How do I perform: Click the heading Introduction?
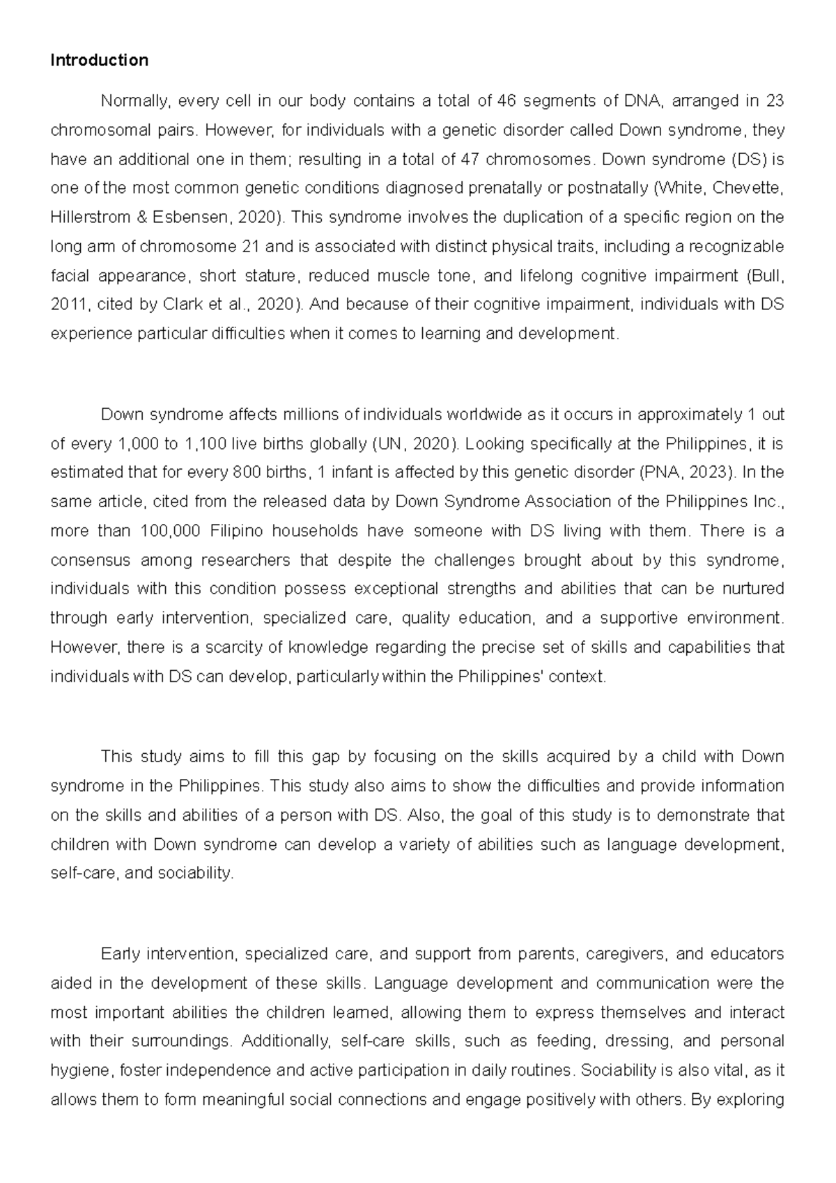pos(99,61)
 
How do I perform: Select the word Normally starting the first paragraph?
pos(134,102)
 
